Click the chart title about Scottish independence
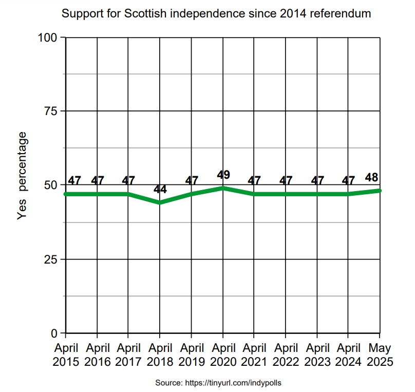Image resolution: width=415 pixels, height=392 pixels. [x=216, y=14]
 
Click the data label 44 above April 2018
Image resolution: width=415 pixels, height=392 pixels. [x=160, y=190]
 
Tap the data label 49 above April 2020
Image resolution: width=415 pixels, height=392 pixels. [x=223, y=175]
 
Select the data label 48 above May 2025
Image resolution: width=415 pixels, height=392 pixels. [x=372, y=178]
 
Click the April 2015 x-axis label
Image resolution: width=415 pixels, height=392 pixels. [x=66, y=355]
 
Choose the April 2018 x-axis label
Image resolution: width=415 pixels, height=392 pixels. [x=160, y=355]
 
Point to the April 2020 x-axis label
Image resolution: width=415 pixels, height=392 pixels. [x=223, y=355]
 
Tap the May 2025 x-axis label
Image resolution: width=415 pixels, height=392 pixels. [x=381, y=355]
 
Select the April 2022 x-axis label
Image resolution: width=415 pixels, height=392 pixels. [x=286, y=355]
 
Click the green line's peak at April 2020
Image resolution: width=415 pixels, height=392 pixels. [x=223, y=188]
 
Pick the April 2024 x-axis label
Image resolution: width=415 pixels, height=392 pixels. [x=349, y=355]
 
